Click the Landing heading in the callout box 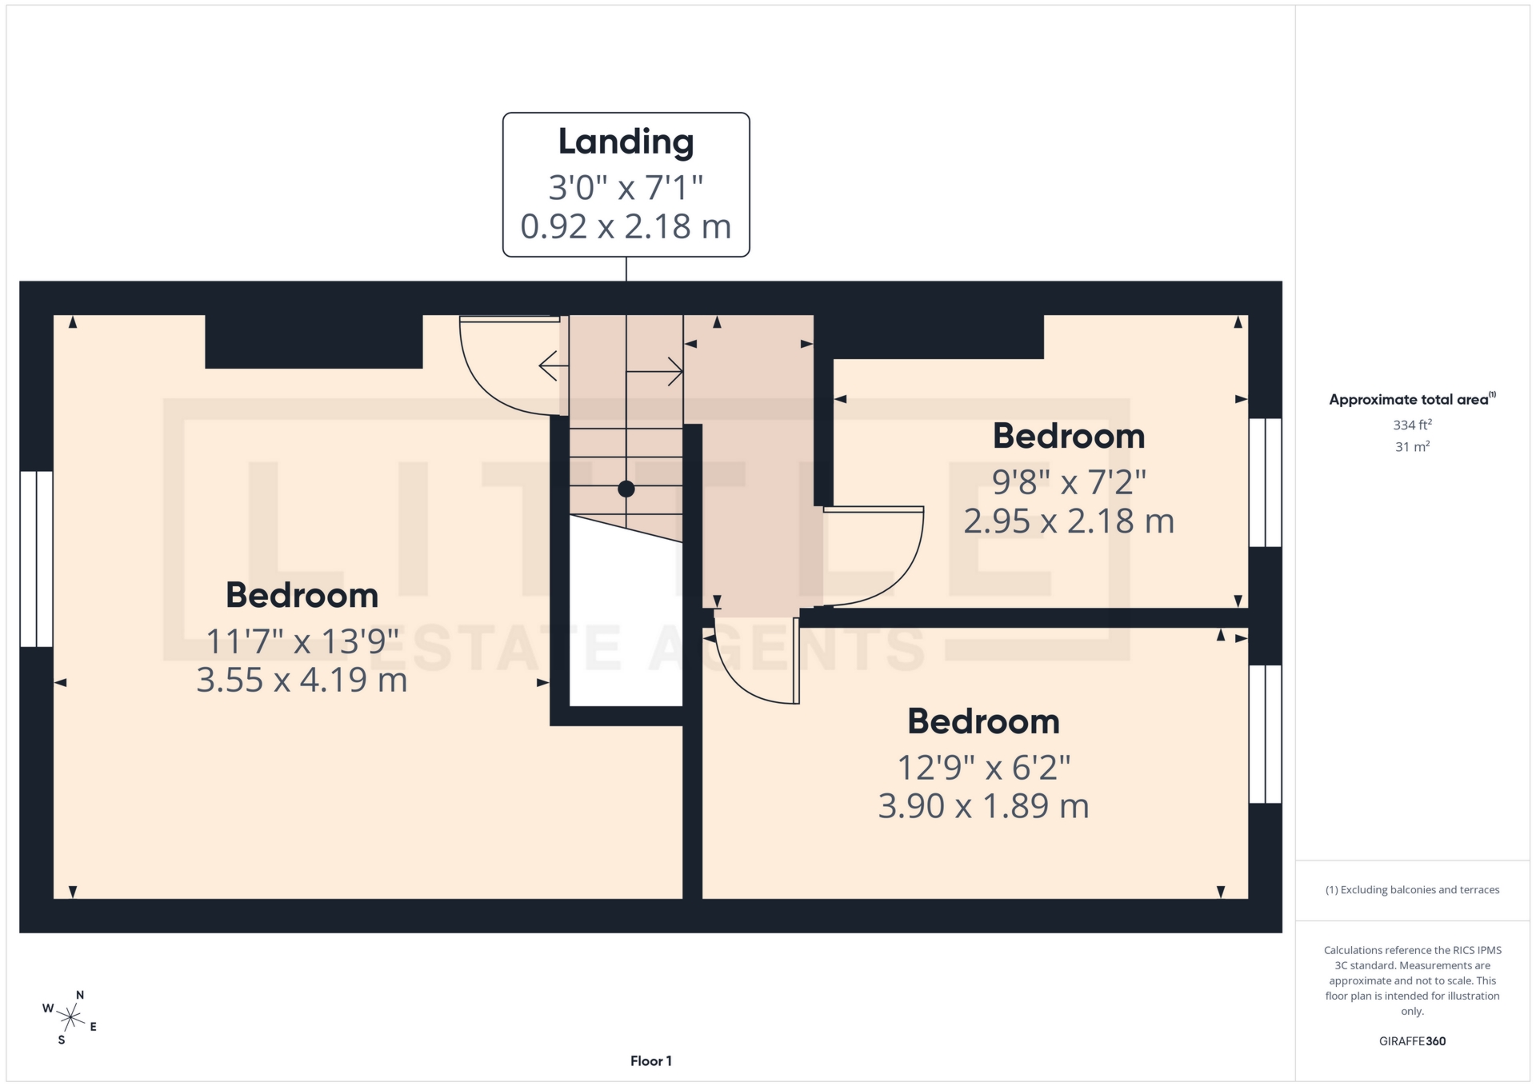coord(626,142)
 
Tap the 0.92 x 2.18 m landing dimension coord(626,227)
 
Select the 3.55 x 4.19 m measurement coord(302,681)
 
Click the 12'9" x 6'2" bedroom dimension coord(983,768)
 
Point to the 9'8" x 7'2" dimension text coord(1069,482)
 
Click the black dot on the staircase coord(626,489)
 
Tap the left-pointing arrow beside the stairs coord(553,366)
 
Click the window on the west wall coord(36,559)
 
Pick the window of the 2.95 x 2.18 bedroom coord(1265,482)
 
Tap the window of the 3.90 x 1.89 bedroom coord(1265,734)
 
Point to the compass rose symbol coord(71,1017)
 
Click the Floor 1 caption coord(650,1061)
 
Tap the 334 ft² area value coord(1412,425)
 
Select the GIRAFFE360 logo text coord(1412,1041)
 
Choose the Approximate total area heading coord(1410,400)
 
